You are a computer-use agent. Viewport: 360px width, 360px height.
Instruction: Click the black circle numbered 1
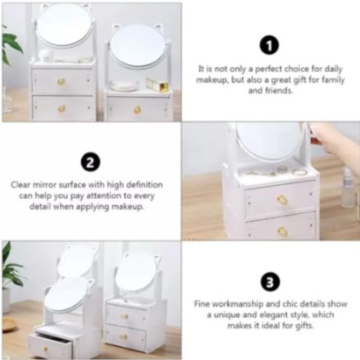[269, 46]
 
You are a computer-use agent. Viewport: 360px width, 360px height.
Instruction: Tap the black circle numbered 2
[90, 162]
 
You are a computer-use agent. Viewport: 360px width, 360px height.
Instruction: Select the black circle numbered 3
[270, 282]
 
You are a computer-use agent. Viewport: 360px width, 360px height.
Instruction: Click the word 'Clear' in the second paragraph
[21, 185]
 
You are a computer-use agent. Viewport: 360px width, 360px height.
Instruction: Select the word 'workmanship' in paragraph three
[237, 304]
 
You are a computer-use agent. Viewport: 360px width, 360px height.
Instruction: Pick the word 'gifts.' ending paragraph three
[304, 326]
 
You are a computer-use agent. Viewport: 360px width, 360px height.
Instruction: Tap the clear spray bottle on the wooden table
[349, 188]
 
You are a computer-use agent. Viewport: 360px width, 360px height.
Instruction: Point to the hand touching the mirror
[328, 138]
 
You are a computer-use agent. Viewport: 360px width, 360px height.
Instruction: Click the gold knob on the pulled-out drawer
[45, 349]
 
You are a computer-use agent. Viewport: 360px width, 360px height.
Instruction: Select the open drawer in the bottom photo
[51, 345]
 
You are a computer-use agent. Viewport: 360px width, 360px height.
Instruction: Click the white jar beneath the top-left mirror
[46, 56]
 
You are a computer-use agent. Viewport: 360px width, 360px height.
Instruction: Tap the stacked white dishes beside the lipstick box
[125, 85]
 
